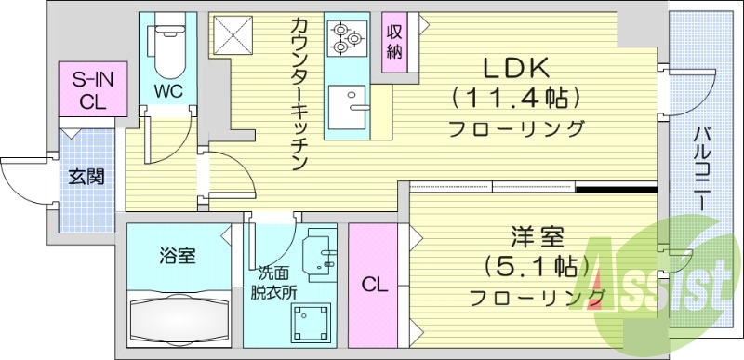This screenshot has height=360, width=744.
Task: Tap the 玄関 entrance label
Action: coord(85,177)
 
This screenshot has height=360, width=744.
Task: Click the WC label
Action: coord(168,92)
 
